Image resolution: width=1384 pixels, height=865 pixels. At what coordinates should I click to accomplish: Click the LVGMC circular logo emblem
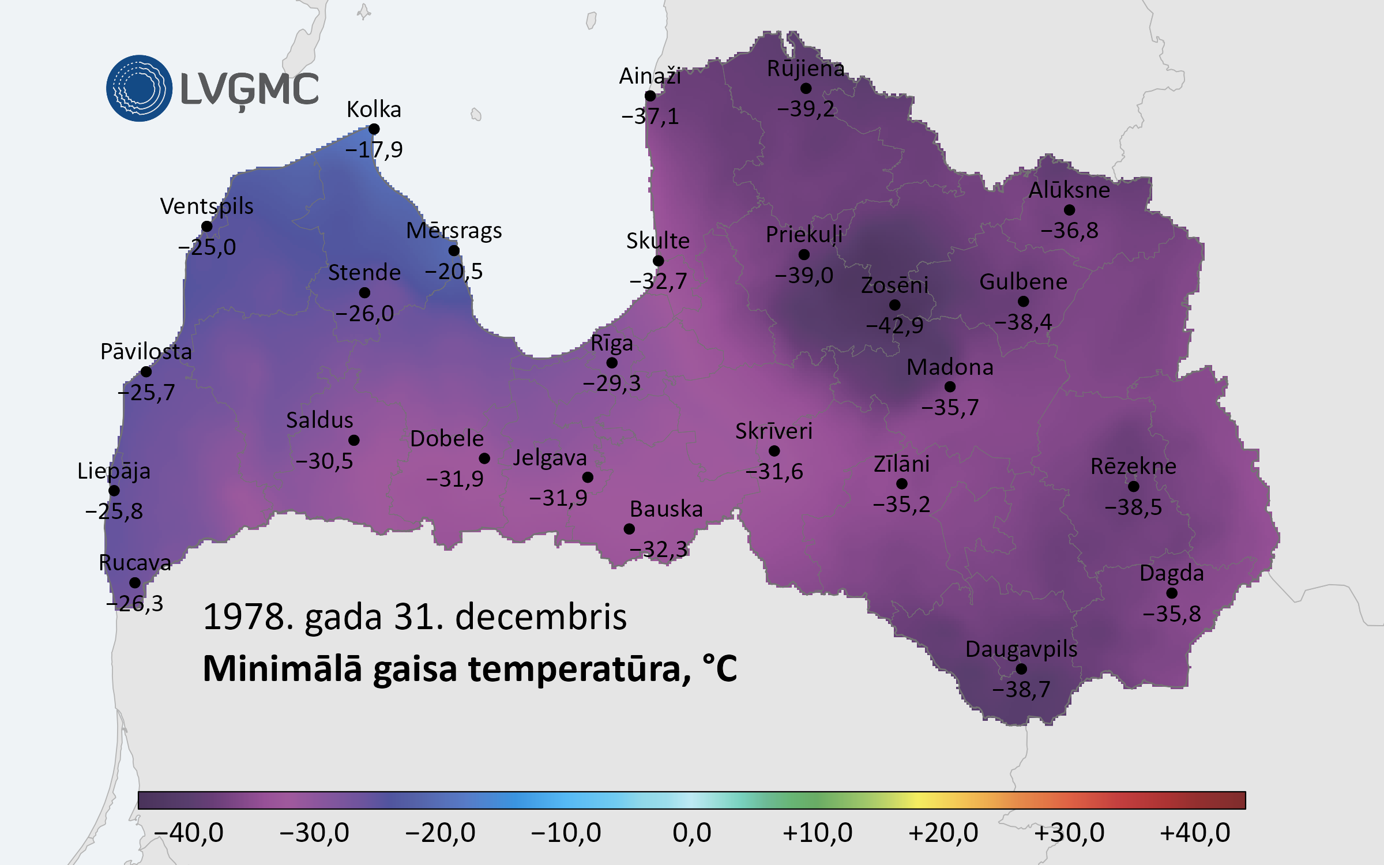pos(139,88)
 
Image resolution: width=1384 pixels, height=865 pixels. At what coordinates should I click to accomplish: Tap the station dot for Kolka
pos(374,129)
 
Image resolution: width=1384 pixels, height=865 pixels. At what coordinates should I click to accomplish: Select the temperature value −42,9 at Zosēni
pos(894,325)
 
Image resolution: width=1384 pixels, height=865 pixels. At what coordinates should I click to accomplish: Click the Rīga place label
pos(611,343)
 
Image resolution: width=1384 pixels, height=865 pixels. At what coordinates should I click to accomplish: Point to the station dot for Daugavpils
pos(1021,669)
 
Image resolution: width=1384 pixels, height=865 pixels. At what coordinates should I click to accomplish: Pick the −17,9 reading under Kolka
pos(374,150)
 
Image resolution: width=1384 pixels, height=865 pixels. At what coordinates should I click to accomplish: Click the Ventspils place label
pos(206,206)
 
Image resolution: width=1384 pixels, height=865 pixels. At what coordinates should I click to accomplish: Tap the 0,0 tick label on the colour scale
pos(691,833)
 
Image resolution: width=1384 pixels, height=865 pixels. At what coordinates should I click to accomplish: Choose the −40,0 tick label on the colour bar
pos(189,833)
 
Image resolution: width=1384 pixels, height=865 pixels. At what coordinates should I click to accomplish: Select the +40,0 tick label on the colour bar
pos(1195,833)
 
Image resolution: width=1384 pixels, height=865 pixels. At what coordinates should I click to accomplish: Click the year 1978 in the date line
pos(245,616)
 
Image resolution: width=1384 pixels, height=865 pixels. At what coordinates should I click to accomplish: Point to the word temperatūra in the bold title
pos(579,669)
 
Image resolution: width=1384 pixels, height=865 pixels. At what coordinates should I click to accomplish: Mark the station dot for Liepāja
pos(114,491)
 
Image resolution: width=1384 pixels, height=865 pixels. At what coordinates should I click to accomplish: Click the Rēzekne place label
pos(1133,466)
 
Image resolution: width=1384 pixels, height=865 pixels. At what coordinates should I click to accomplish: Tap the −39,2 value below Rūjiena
pos(806,108)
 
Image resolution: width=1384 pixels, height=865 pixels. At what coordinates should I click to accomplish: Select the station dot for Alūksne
pos(1069,210)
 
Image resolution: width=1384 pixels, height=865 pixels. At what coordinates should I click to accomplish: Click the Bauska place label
pos(666,509)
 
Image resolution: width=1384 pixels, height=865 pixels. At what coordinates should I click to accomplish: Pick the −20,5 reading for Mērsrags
pos(453,271)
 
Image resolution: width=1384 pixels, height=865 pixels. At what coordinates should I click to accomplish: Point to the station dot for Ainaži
pos(650,96)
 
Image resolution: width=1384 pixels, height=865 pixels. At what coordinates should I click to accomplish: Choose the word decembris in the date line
pos(540,616)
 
